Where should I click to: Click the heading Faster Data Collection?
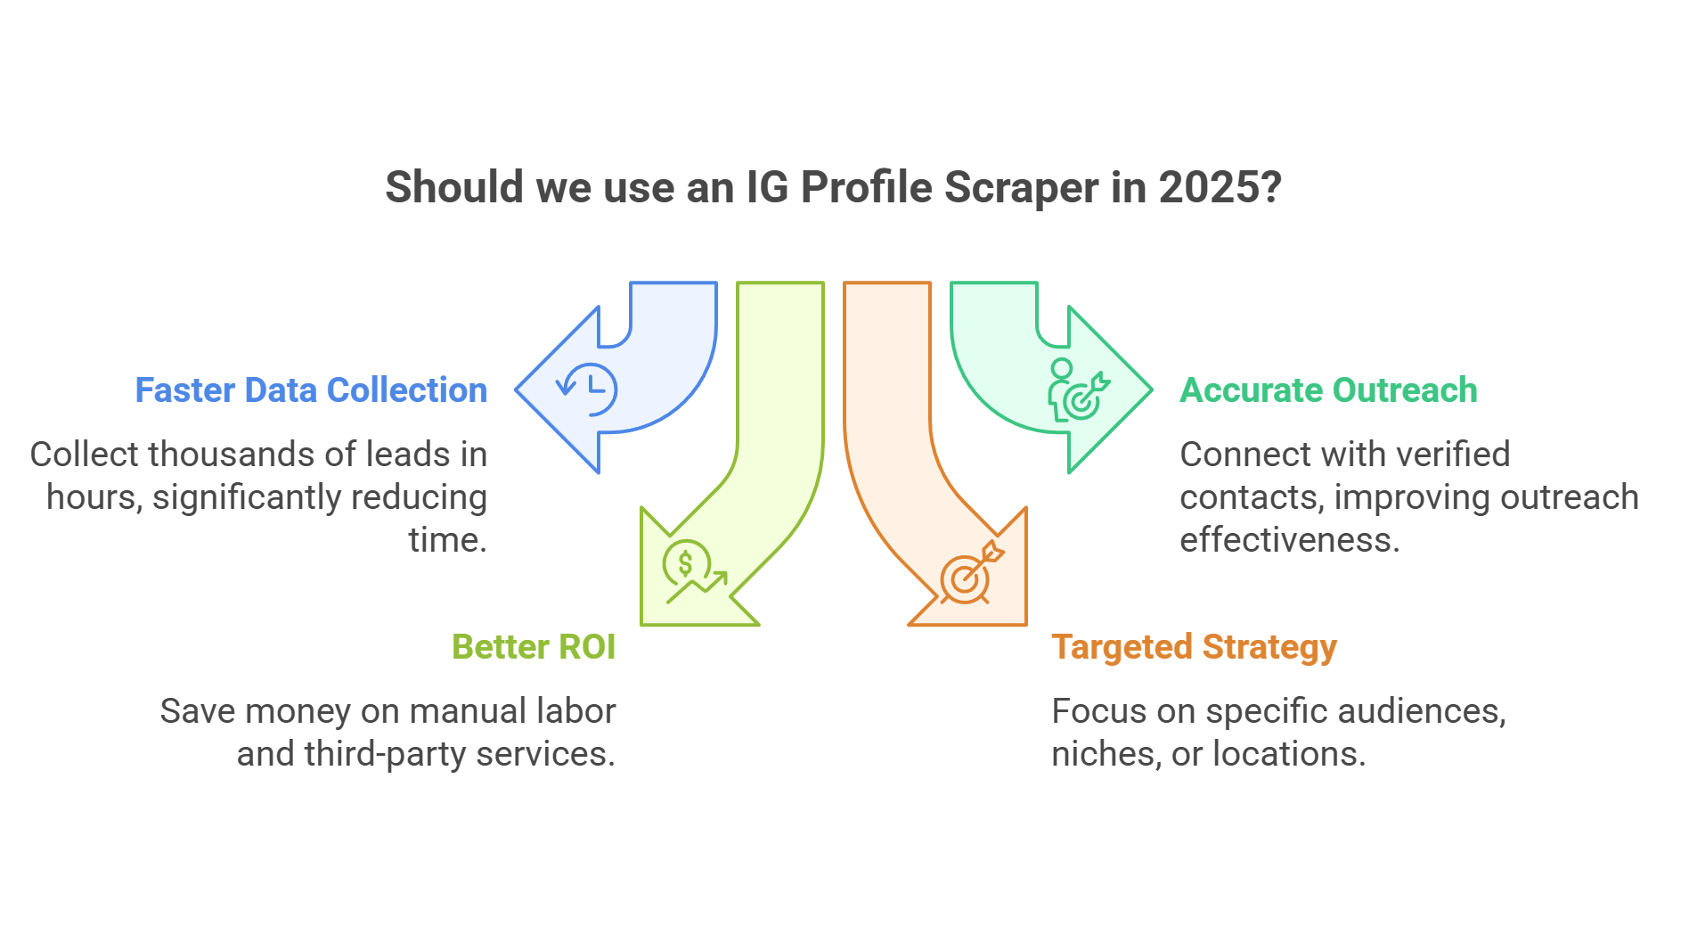311,390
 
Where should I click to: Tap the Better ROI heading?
534,647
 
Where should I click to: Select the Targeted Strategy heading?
1194,648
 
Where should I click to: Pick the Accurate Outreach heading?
1328,390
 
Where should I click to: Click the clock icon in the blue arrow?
587,389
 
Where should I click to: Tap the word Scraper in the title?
1022,188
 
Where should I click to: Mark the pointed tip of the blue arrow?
516,389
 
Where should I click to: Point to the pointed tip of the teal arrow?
1153,389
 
